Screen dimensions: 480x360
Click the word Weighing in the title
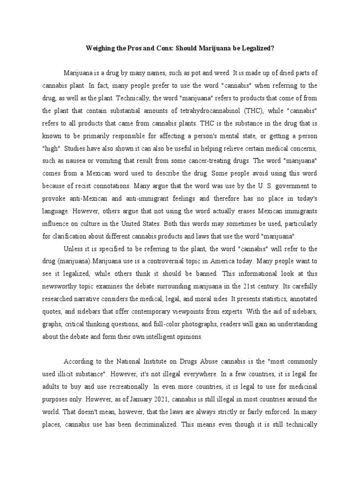99,48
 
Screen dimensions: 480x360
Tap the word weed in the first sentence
221,73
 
